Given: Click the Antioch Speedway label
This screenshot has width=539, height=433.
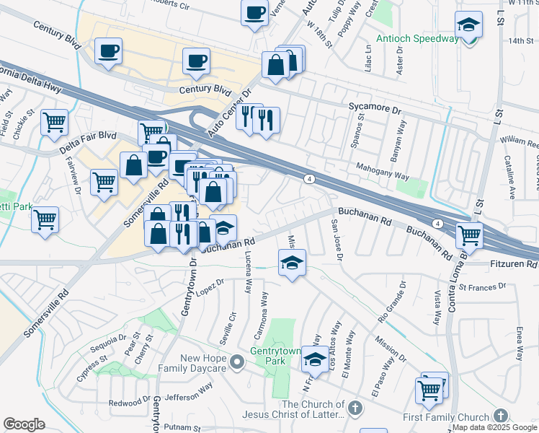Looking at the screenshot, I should pos(417,38).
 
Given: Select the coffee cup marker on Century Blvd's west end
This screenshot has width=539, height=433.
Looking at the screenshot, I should pos(108,51).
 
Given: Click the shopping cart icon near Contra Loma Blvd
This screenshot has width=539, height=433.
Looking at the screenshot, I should pos(469,235).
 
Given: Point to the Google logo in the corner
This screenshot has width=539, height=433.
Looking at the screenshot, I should pos(24,424).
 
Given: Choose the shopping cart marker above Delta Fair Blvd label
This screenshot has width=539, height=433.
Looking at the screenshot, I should pos(54,123).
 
